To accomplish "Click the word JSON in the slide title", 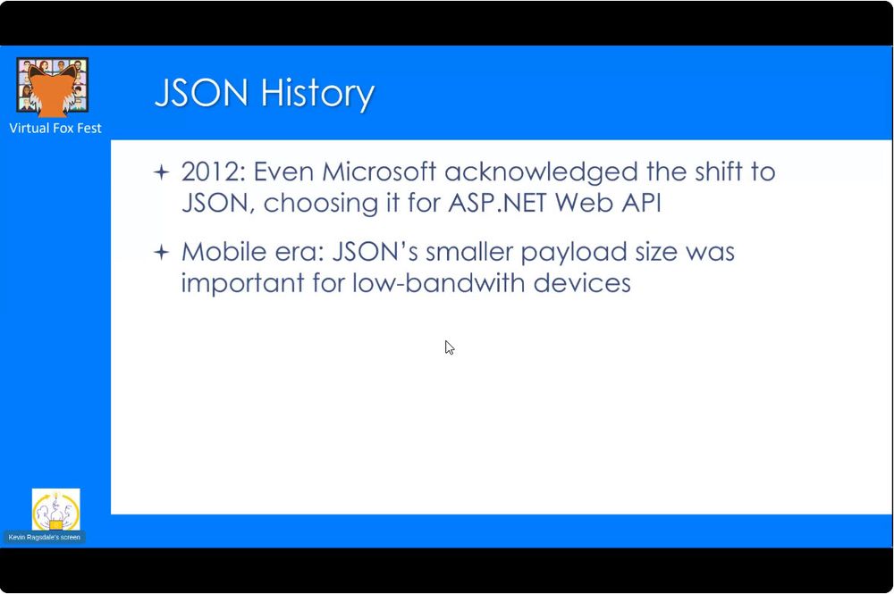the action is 202,92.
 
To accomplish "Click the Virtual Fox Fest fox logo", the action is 53,86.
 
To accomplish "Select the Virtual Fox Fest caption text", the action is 55,128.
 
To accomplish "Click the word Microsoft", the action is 379,172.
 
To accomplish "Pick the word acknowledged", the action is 541,172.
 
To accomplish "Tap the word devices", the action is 582,283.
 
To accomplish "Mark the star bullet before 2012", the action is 162,172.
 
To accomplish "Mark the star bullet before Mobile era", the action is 162,252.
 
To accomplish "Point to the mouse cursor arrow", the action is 450,347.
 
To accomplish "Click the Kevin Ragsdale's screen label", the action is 45,537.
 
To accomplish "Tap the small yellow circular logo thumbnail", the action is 55,510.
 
